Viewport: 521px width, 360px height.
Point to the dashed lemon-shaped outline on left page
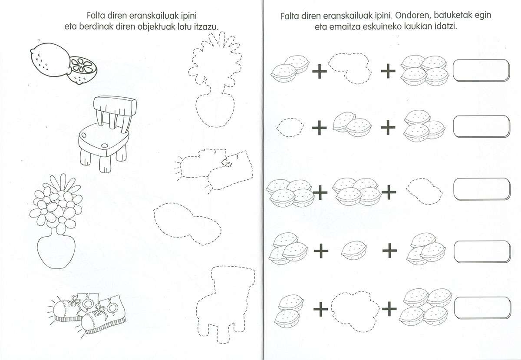coord(187,224)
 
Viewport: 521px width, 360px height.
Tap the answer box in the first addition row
coord(481,70)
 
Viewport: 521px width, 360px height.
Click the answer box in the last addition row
coord(483,308)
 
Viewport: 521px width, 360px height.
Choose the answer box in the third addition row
coord(482,189)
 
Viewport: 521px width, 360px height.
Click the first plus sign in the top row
coord(320,71)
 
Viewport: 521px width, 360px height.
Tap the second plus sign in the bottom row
coord(389,308)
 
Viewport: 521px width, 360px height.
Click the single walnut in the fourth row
coord(354,251)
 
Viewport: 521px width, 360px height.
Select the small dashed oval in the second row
coord(290,127)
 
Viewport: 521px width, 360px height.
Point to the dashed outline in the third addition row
coord(424,191)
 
